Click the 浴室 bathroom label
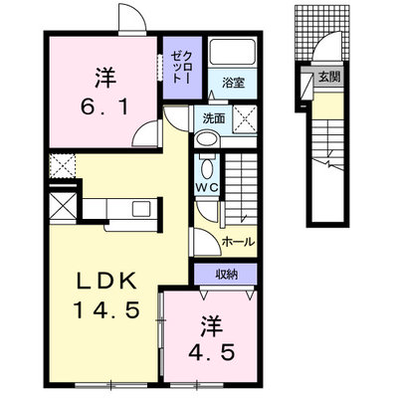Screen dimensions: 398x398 pos(233,83)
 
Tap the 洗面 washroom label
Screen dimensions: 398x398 pos(214,118)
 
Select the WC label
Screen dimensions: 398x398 pos(206,188)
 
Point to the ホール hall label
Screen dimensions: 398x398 pos(238,242)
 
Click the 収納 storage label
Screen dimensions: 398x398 pos(227,274)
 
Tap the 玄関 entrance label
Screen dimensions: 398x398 pos(329,77)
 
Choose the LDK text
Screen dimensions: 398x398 pos(107,282)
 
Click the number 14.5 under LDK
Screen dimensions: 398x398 pos(106,310)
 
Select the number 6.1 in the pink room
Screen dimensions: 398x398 pos(104,106)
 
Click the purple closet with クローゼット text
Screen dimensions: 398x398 pos(183,68)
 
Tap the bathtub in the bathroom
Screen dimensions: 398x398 pos(233,52)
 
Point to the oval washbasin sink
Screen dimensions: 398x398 pos(207,138)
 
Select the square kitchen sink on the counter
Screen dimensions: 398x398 pos(141,209)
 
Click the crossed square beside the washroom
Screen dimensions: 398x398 pos(245,118)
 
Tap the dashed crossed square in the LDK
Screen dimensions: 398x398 pos(62,166)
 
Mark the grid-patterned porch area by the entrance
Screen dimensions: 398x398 pos(321,33)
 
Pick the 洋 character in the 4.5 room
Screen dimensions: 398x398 pos(211,325)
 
